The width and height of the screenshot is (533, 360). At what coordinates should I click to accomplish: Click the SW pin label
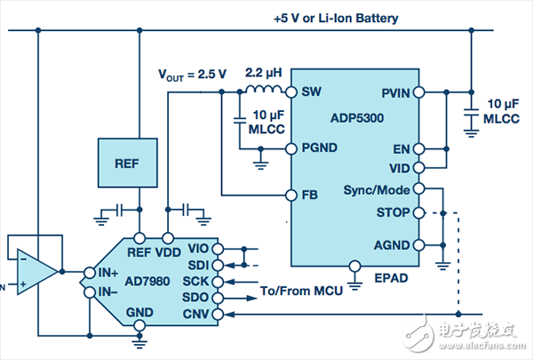pyautogui.click(x=311, y=92)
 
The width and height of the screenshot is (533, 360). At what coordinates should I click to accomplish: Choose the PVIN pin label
pyautogui.click(x=394, y=92)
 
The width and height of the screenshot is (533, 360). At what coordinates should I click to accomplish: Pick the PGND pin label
pyautogui.click(x=320, y=149)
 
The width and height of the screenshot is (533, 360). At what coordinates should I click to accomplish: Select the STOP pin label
pyautogui.click(x=394, y=213)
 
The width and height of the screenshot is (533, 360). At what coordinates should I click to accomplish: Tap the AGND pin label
pyautogui.click(x=393, y=244)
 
